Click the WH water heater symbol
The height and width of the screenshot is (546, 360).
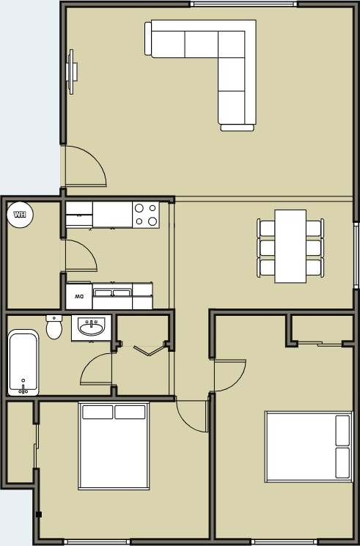click(x=21, y=215)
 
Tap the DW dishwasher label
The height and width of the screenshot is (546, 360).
click(x=79, y=297)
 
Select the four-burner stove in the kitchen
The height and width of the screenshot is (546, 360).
click(x=146, y=215)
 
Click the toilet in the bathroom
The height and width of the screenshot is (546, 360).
click(x=54, y=327)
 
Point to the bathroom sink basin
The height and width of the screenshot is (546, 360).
click(x=92, y=328)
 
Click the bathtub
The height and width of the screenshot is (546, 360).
click(x=23, y=363)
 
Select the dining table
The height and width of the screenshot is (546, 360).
click(x=290, y=246)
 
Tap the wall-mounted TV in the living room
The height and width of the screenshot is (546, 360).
click(x=71, y=72)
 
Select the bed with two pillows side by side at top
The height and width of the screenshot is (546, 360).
click(x=114, y=446)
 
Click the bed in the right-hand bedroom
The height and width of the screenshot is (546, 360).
click(x=309, y=447)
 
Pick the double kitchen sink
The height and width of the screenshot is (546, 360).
click(x=112, y=292)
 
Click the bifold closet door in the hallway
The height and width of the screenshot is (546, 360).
click(x=149, y=350)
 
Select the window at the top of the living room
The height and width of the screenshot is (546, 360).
click(x=243, y=4)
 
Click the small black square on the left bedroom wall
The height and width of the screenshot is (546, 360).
click(x=39, y=514)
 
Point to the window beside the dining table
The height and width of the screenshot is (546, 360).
click(x=356, y=255)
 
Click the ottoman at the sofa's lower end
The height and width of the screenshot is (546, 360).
click(x=237, y=128)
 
